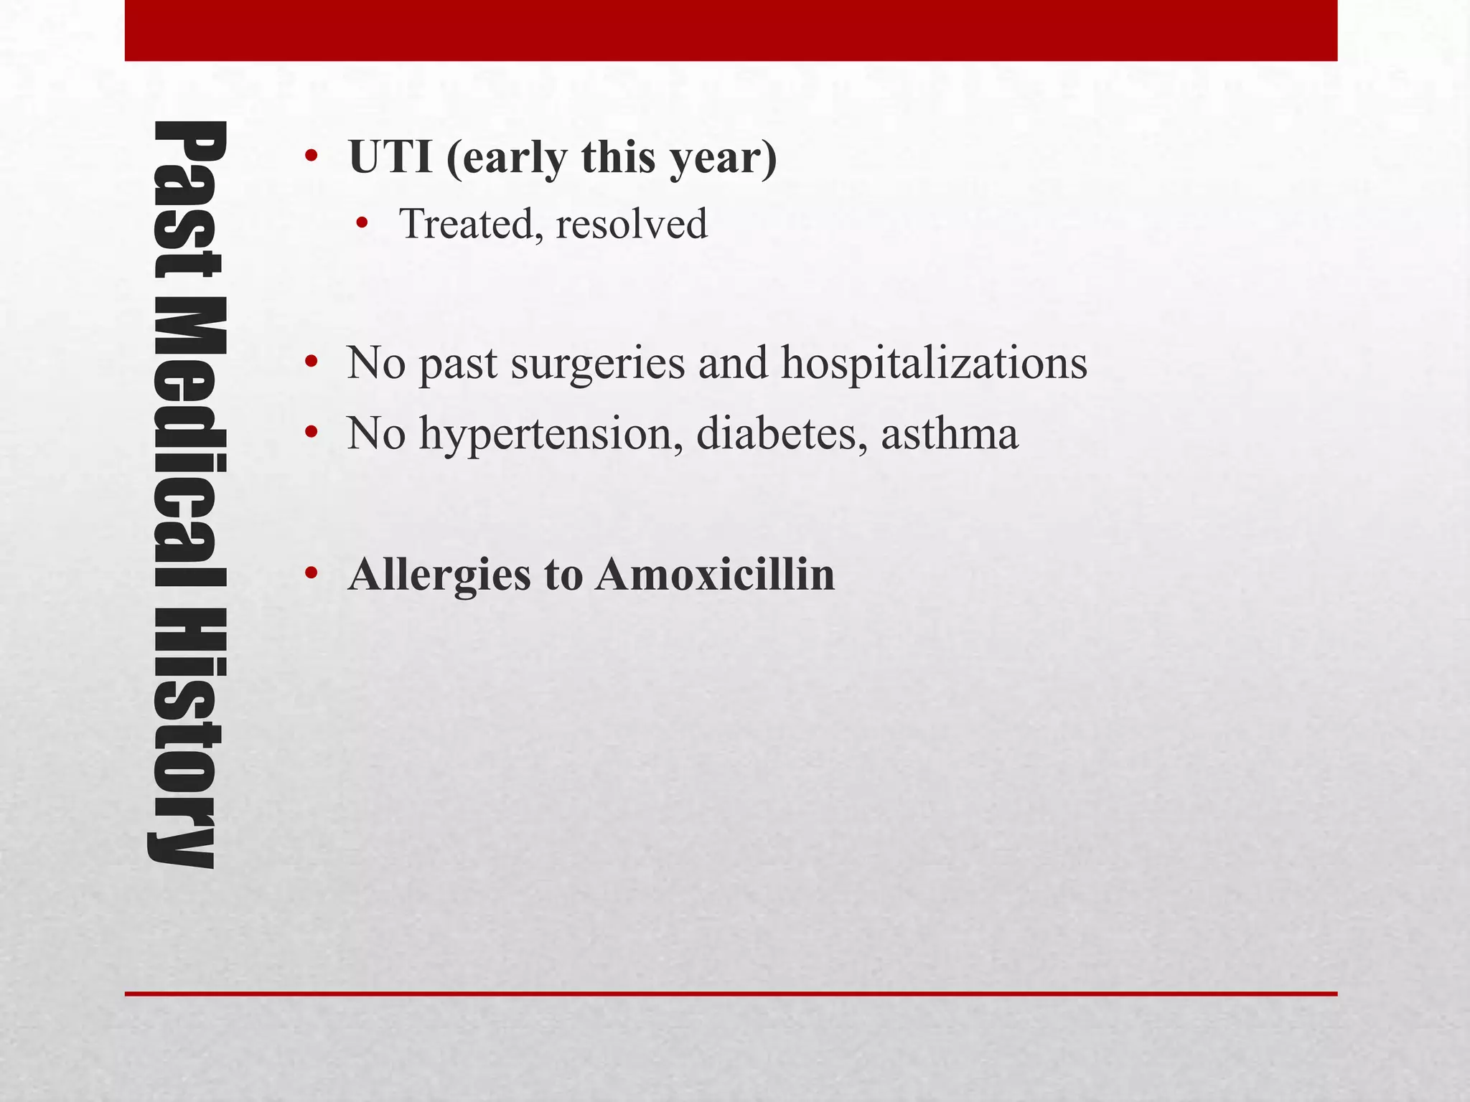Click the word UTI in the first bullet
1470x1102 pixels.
tap(390, 157)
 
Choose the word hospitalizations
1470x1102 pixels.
tap(934, 363)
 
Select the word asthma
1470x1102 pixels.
tap(949, 433)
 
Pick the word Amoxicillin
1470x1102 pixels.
tap(715, 574)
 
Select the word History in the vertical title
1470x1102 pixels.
tap(188, 739)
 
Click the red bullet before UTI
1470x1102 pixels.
tap(310, 157)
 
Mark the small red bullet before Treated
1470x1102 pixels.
tap(361, 225)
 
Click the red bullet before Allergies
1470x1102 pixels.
tap(310, 574)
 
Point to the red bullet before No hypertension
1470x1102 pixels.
tap(310, 433)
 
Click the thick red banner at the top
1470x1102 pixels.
tap(731, 30)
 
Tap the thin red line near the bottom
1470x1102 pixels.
tap(731, 994)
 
